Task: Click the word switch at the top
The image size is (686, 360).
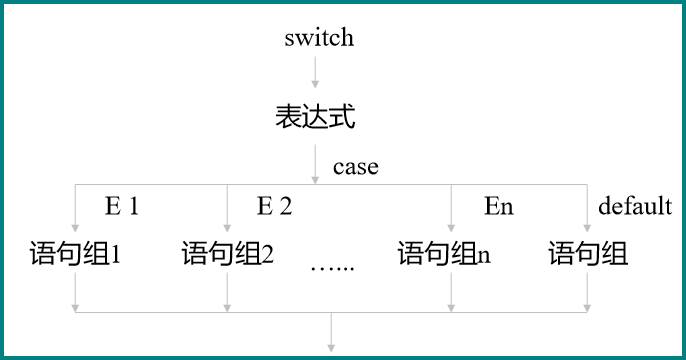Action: tap(319, 39)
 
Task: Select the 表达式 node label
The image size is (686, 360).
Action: tap(316, 117)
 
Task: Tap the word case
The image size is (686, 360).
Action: tap(356, 167)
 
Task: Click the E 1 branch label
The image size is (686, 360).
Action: tap(122, 207)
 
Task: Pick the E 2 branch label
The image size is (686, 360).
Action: tap(274, 207)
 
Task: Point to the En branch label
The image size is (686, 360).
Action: tap(498, 207)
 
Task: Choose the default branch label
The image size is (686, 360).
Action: tap(634, 207)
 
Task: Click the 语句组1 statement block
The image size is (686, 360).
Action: tap(77, 254)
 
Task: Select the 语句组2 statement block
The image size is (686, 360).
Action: tap(228, 254)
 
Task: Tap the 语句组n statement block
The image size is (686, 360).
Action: tap(444, 254)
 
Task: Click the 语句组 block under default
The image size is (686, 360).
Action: tap(588, 254)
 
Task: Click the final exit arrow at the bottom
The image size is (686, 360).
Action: tap(331, 334)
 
